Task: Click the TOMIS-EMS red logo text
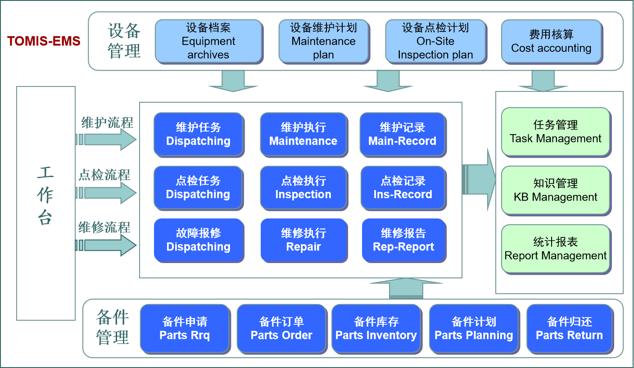(44, 41)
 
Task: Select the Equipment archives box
(208, 41)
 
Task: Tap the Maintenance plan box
(323, 41)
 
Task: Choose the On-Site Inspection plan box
(435, 41)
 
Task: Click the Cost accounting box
(551, 41)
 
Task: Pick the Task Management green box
(555, 132)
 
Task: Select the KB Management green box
(555, 190)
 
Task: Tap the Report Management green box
(555, 249)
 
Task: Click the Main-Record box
(403, 134)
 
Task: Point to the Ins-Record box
(403, 188)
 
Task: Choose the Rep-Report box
(403, 240)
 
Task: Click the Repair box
(303, 240)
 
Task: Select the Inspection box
(303, 188)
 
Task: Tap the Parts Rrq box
(185, 328)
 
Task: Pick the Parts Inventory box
(376, 328)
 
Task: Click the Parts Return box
(569, 328)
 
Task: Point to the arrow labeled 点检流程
(108, 193)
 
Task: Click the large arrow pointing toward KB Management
(479, 179)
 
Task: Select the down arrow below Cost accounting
(543, 81)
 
